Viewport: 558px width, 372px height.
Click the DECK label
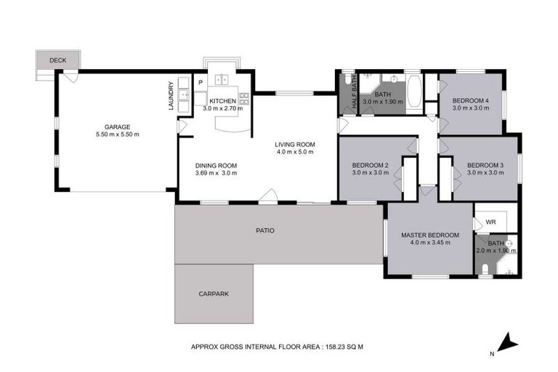pyautogui.click(x=57, y=60)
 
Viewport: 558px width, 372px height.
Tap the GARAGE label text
pyautogui.click(x=117, y=126)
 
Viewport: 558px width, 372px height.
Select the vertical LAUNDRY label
pyautogui.click(x=171, y=95)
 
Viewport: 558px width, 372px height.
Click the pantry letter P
pyautogui.click(x=200, y=82)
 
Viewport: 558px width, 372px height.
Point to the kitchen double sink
pyautogui.click(x=222, y=81)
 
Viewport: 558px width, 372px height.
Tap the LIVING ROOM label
pyautogui.click(x=294, y=145)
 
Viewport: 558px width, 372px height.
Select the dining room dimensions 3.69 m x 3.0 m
pyautogui.click(x=216, y=174)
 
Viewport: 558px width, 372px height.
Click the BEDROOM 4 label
pyautogui.click(x=470, y=100)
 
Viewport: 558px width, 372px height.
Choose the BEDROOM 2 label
pyautogui.click(x=370, y=165)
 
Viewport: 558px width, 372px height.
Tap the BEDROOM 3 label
pyautogui.click(x=485, y=165)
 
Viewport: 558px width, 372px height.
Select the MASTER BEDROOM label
pyautogui.click(x=430, y=235)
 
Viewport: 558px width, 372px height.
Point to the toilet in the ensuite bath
pyautogui.click(x=485, y=271)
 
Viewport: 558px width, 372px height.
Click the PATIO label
pyautogui.click(x=264, y=230)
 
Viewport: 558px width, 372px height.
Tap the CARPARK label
pyautogui.click(x=214, y=294)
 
